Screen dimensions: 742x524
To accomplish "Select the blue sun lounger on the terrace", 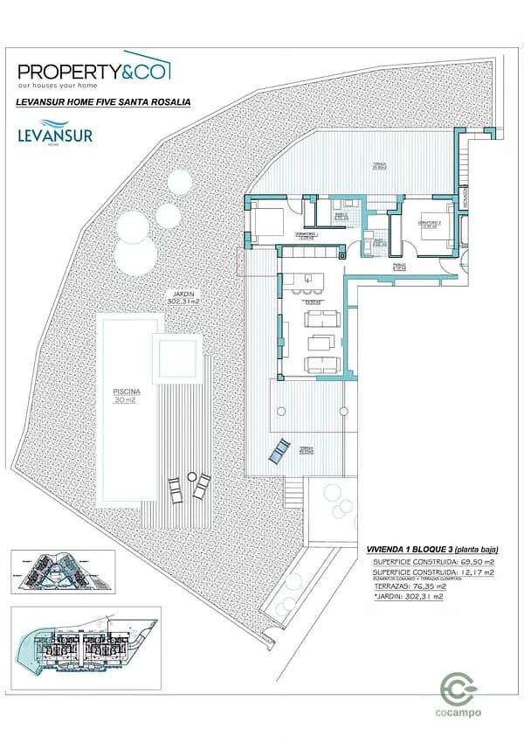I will point(279,451).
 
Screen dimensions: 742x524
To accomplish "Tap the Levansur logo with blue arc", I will point(54,135).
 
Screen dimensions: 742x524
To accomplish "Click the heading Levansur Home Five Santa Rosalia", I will point(103,102).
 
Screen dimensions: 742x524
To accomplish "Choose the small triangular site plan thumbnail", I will point(62,573).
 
